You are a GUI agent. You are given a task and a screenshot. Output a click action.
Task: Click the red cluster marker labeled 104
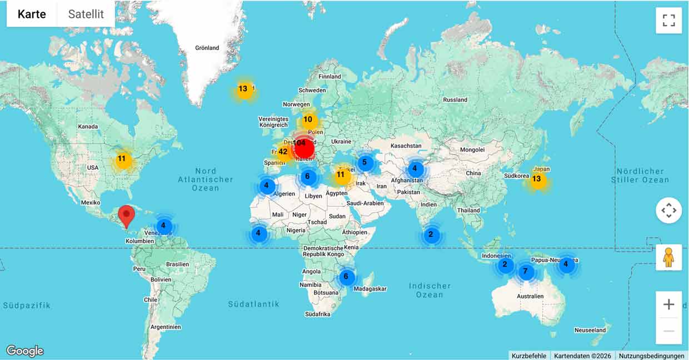click(303, 147)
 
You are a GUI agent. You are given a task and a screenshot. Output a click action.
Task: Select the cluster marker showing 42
click(283, 152)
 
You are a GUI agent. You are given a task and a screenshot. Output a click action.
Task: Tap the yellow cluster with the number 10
click(308, 119)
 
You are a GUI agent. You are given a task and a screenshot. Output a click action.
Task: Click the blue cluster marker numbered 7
click(525, 272)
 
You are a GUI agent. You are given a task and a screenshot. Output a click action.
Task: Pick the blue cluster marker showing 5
click(365, 163)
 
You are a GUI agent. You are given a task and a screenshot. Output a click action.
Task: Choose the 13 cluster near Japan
click(536, 179)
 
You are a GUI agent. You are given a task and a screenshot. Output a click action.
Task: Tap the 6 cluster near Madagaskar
click(346, 277)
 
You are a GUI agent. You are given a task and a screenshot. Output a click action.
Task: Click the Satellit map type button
click(86, 14)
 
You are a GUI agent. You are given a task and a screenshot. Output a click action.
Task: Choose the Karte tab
click(32, 14)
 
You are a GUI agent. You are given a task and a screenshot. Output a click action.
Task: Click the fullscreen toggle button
click(668, 21)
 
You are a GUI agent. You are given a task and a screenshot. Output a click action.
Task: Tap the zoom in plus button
click(668, 304)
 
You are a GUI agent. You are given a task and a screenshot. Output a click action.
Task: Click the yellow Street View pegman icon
click(668, 258)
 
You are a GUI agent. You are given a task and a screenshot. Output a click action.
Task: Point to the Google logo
click(25, 351)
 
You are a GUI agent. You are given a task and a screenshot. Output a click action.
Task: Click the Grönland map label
click(207, 48)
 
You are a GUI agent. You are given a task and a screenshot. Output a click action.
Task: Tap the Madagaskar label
click(370, 289)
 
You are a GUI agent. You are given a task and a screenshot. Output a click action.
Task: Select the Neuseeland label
click(590, 330)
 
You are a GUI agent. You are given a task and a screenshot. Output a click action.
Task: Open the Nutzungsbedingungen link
click(652, 356)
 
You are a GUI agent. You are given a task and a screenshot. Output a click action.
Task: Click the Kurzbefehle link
click(529, 356)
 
